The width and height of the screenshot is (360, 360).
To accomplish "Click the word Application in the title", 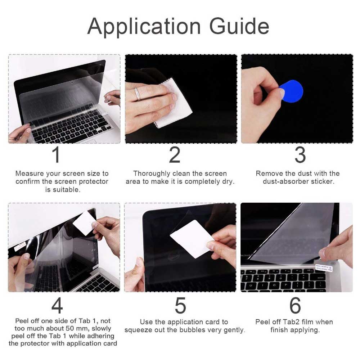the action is pos(144,27).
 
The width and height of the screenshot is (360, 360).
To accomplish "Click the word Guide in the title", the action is pos(239,26).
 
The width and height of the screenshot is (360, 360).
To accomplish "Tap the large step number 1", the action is pos(56,154).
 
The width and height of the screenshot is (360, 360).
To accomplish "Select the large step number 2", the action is pos(175,155).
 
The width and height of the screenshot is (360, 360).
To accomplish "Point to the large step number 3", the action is pos(300,155).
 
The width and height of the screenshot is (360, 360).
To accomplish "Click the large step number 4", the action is pos(57,305).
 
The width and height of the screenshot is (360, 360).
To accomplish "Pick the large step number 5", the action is pos(180,305).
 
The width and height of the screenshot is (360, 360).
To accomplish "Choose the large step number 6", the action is pos(295,305).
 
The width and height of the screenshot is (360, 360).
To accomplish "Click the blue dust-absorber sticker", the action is pos(292,91).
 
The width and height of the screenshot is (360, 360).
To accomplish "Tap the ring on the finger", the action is pos(137,94).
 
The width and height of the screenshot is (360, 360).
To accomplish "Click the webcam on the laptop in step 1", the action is pos(72,82).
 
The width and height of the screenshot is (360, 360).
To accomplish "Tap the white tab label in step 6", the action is pos(324,268).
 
